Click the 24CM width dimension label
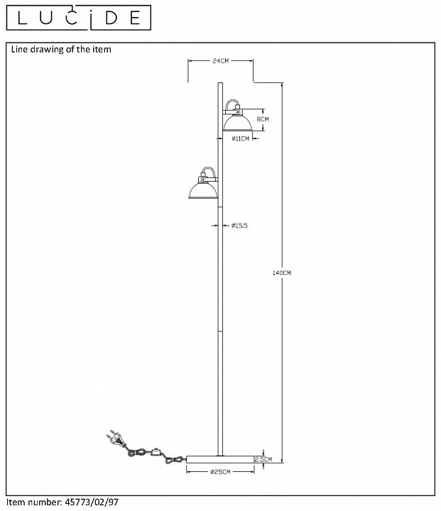[220, 60]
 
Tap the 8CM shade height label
[263, 119]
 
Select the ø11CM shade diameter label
[241, 139]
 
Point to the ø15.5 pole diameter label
[239, 225]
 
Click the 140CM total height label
[281, 273]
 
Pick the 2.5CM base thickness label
[263, 459]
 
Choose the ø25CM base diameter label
[220, 472]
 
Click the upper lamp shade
[237, 123]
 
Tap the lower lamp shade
[203, 191]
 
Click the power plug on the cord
[115, 438]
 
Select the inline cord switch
[156, 451]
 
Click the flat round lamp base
[220, 459]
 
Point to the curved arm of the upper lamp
[232, 104]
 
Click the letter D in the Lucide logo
[111, 18]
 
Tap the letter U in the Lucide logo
[46, 18]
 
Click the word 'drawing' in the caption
[47, 50]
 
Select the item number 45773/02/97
[92, 502]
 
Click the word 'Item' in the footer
[16, 502]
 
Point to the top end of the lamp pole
[220, 83]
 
